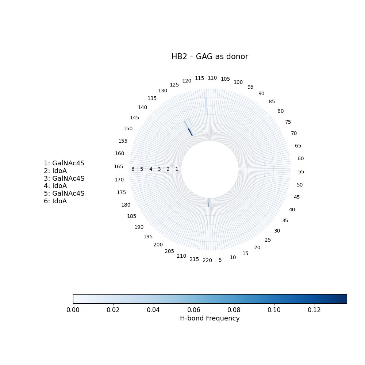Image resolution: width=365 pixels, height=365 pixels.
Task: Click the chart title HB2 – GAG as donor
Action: click(210, 57)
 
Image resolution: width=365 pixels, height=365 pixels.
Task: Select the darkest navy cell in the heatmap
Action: click(191, 132)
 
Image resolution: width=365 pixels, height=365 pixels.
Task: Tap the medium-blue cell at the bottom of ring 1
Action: click(209, 203)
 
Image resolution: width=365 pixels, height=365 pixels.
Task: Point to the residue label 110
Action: click(212, 78)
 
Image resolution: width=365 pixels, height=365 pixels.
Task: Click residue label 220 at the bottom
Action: click(207, 261)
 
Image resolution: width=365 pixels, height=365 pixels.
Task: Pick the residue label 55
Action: click(301, 172)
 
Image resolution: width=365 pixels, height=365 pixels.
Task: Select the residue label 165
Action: click(119, 167)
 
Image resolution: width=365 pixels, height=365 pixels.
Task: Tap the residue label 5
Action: click(220, 260)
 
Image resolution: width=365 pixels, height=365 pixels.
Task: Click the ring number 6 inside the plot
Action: click(133, 169)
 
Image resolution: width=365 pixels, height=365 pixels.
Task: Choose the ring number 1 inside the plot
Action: click(177, 169)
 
